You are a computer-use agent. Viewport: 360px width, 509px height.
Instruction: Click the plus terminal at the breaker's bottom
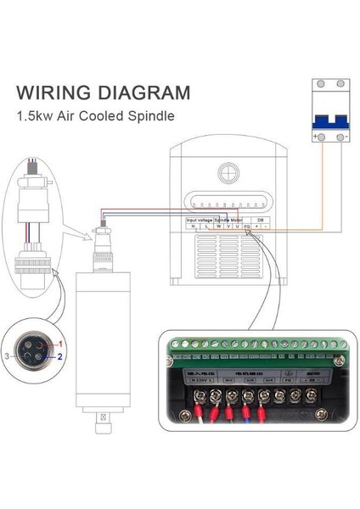[x=316, y=137]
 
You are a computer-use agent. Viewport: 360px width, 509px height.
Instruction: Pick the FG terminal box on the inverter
[x=246, y=227]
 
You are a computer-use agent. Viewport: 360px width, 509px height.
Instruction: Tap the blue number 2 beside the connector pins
[x=61, y=358]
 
